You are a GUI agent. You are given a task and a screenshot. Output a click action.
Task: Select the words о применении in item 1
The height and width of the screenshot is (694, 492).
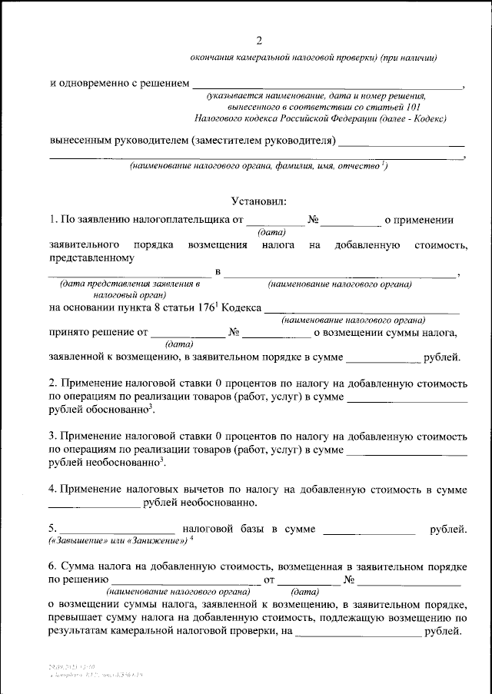pos(419,220)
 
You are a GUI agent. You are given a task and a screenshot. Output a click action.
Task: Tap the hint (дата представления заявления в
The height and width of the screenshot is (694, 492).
pos(124,285)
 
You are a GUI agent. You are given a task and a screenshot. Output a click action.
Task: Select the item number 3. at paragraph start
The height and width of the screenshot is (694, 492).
pos(52,435)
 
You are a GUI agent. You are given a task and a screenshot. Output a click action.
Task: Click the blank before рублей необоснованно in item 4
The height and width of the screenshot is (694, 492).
pos(94,503)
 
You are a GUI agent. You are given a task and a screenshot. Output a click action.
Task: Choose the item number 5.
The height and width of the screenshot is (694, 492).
pos(52,530)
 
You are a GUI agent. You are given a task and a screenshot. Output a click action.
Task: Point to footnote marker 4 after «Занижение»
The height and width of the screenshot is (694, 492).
pos(191,539)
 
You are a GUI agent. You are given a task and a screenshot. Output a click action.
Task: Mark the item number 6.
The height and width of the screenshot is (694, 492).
pos(52,566)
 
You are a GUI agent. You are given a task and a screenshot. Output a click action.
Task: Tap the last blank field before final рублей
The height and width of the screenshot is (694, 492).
pos(358,633)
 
